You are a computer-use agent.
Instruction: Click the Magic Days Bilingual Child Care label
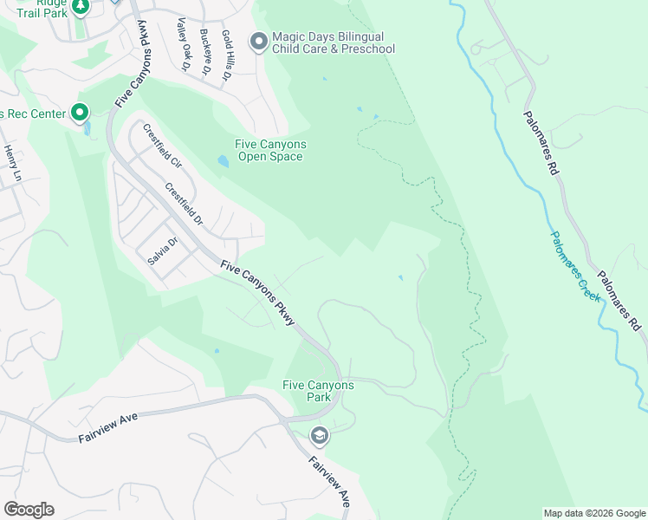[334, 42]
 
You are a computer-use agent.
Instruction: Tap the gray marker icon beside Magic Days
[258, 41]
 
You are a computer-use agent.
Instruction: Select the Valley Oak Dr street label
[183, 44]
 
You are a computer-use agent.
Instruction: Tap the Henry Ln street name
[11, 162]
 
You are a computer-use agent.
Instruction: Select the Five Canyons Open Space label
[270, 151]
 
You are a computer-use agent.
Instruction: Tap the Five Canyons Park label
[318, 391]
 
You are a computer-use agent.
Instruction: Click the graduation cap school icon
[319, 435]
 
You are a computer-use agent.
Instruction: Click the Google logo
[29, 510]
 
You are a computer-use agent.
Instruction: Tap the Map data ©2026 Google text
[594, 513]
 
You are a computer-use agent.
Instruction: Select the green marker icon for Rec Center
[80, 113]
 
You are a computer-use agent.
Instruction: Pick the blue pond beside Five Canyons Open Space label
[223, 161]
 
